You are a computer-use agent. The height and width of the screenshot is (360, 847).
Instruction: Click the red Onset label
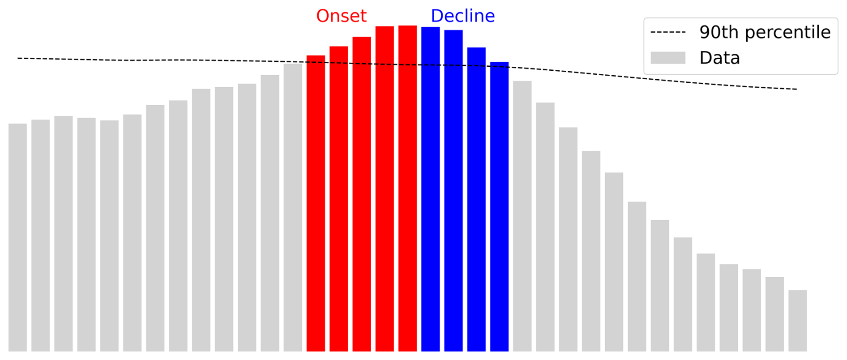(x=341, y=16)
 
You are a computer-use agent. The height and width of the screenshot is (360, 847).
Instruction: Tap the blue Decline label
(x=462, y=16)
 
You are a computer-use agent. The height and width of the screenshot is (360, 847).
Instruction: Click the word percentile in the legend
(x=788, y=33)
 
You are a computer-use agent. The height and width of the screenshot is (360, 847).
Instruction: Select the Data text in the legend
(x=719, y=58)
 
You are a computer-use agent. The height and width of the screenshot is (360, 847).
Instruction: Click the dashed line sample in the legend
(x=668, y=32)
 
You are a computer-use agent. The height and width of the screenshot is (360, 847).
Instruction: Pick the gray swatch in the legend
(x=668, y=58)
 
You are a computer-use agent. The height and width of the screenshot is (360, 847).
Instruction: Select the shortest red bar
(x=316, y=203)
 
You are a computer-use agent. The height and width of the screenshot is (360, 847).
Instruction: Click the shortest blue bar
(x=499, y=206)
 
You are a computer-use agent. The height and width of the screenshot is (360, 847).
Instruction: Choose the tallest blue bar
(x=430, y=189)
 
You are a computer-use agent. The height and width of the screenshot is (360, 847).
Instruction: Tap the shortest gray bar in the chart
(x=797, y=321)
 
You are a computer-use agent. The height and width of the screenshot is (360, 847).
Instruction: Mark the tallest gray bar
(x=293, y=207)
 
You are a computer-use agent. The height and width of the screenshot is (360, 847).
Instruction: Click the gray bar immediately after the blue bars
(x=522, y=216)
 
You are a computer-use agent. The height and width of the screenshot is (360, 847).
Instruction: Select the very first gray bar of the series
(x=17, y=237)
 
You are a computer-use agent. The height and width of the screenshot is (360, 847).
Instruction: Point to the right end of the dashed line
(x=797, y=89)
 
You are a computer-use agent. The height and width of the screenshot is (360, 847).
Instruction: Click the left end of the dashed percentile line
(x=18, y=58)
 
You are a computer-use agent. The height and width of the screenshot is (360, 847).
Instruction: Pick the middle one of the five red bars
(x=362, y=194)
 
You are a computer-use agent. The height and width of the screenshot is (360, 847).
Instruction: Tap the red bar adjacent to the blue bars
(x=407, y=189)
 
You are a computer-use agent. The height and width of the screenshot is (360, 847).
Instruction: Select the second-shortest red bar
(x=338, y=199)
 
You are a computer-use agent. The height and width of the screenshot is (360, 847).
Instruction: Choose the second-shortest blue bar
(x=476, y=199)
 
